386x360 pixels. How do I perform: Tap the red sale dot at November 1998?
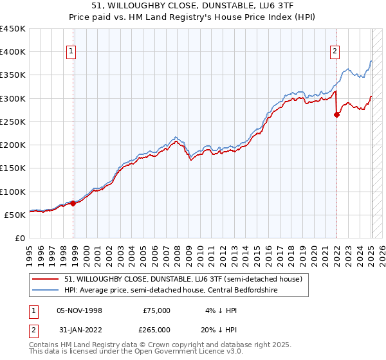[73, 203]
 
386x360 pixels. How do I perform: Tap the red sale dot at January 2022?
[336, 115]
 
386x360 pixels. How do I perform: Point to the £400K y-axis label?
[13, 52]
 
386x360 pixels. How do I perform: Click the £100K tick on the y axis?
[13, 192]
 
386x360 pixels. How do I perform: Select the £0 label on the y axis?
[20, 238]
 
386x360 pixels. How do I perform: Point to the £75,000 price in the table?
[156, 310]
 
